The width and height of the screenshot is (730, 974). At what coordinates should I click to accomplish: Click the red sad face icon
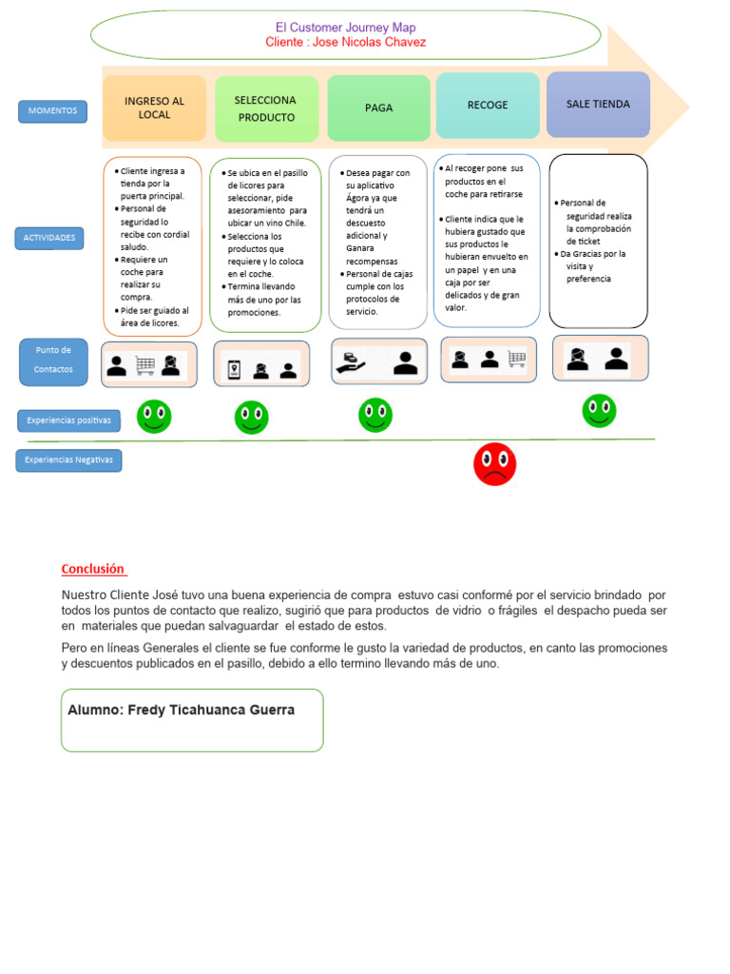click(494, 463)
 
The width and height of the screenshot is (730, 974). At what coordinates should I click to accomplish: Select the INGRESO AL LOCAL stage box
click(154, 108)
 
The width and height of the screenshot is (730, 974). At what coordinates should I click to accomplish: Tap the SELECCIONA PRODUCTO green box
click(266, 108)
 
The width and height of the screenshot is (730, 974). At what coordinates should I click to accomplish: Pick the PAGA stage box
click(378, 108)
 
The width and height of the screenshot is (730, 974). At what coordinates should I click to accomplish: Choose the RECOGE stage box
click(487, 106)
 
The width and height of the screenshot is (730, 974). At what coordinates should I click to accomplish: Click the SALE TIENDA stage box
click(598, 105)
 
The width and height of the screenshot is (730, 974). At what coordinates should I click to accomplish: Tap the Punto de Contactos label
click(53, 360)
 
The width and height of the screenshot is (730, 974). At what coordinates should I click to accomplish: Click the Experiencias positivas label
click(68, 419)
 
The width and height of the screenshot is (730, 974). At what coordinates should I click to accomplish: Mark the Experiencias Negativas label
click(68, 460)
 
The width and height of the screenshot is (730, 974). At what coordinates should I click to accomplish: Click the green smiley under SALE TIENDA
click(599, 411)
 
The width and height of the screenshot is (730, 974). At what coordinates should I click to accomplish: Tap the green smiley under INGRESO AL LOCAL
click(153, 416)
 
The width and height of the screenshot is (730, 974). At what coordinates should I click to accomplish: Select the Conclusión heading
click(93, 569)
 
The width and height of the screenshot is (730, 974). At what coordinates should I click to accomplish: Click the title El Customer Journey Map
click(345, 28)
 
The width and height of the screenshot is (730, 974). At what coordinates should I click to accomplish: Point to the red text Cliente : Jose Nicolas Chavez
click(346, 43)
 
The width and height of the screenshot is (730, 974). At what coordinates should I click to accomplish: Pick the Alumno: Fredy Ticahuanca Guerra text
click(182, 710)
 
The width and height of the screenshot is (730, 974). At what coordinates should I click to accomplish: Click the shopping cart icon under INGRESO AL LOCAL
click(145, 365)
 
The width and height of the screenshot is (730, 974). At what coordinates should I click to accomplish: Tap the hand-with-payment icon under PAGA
click(349, 363)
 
